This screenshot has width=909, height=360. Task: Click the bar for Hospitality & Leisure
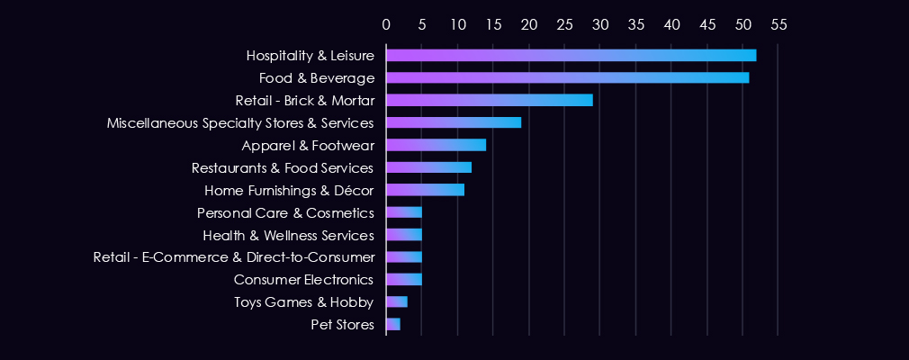tap(571, 55)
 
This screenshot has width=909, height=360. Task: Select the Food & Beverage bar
tap(567, 77)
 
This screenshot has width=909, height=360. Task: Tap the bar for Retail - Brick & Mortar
tap(489, 100)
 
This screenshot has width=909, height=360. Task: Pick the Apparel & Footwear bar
tap(436, 145)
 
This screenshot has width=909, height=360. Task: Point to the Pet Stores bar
tap(392, 324)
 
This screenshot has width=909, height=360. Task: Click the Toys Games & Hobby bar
tap(396, 301)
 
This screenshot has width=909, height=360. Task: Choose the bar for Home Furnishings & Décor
tap(425, 190)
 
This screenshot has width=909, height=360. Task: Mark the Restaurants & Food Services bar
tap(428, 167)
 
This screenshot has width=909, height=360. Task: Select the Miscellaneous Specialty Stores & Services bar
tap(454, 122)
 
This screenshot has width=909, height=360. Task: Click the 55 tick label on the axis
tap(778, 24)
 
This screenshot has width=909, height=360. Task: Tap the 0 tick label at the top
tap(386, 24)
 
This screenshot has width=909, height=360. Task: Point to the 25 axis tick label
tap(564, 24)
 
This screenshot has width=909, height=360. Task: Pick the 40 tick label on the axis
tap(671, 24)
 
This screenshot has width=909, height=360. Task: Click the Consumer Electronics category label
tap(303, 279)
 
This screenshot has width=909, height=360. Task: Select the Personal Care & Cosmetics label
tap(285, 212)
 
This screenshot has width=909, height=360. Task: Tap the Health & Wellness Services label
tap(288, 235)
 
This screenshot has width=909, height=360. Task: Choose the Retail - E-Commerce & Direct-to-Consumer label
tap(234, 257)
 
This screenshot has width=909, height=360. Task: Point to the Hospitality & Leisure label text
tap(310, 55)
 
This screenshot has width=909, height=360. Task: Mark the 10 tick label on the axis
tap(457, 24)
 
